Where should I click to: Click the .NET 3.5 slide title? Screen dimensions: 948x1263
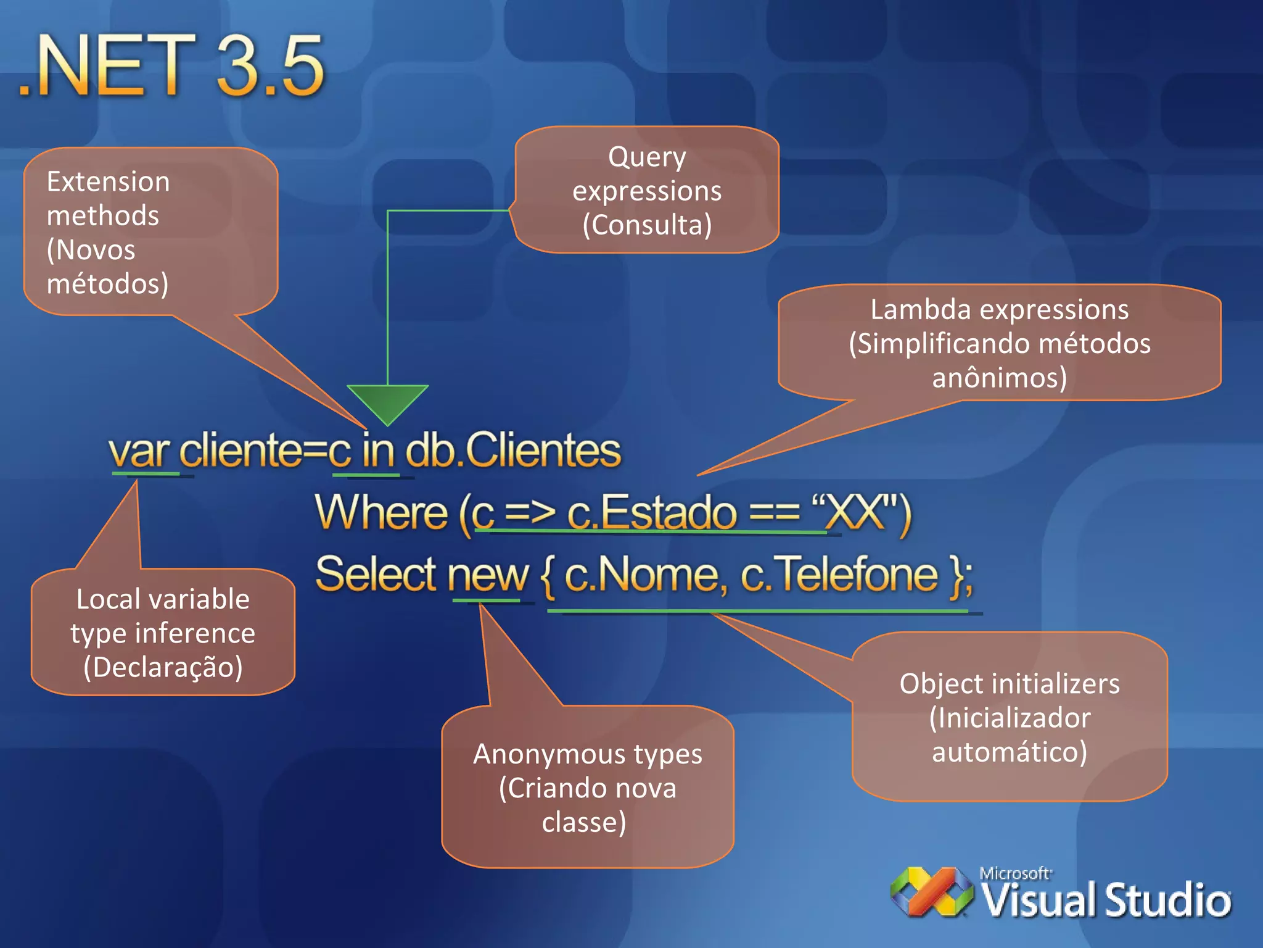point(171,65)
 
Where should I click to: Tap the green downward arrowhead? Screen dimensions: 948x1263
point(387,402)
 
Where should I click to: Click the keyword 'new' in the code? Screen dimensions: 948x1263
point(488,575)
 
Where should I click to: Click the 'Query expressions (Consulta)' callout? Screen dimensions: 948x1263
point(646,190)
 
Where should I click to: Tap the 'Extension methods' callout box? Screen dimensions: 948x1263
point(150,232)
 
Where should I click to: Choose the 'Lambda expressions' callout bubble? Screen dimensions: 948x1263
point(999,343)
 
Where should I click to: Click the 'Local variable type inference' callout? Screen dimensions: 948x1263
point(163,633)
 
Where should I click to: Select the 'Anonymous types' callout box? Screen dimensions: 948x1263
point(587,788)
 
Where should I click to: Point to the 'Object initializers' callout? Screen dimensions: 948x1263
point(1010,717)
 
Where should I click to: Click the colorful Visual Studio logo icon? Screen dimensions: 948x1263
point(931,892)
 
